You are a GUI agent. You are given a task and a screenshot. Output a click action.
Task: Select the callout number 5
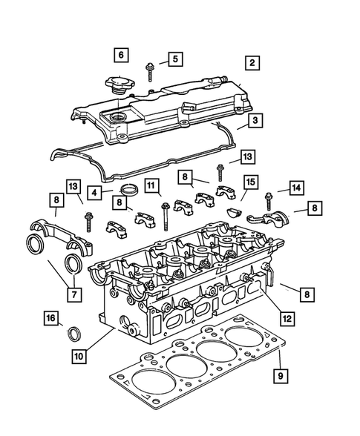click(174, 59)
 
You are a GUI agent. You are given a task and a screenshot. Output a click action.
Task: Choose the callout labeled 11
click(151, 185)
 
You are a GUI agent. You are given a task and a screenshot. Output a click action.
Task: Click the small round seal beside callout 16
click(74, 333)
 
